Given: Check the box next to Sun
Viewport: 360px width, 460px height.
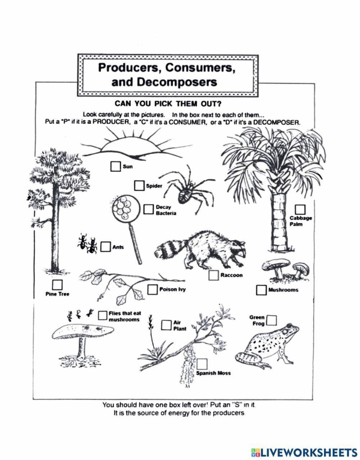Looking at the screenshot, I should click(115, 166).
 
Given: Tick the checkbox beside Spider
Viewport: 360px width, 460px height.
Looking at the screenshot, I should click(139, 185).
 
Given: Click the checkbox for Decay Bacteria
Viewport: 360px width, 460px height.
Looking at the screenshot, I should click(149, 209).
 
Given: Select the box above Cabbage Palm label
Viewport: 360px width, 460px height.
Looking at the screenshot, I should click(300, 209).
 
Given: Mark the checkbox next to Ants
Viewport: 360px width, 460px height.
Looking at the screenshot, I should click(105, 247).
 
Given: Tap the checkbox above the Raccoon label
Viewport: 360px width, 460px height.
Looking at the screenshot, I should click(213, 275).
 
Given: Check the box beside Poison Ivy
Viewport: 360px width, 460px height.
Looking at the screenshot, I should click(152, 289).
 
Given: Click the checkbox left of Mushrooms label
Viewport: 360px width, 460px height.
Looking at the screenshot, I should click(261, 290).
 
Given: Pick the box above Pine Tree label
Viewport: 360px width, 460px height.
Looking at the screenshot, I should click(57, 284).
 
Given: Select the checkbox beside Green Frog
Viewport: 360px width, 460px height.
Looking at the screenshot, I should click(271, 321).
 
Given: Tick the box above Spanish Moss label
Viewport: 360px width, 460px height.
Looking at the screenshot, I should click(202, 364).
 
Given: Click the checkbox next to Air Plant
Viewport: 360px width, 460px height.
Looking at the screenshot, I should click(166, 325).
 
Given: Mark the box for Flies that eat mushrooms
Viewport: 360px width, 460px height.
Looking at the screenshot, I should click(103, 315).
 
